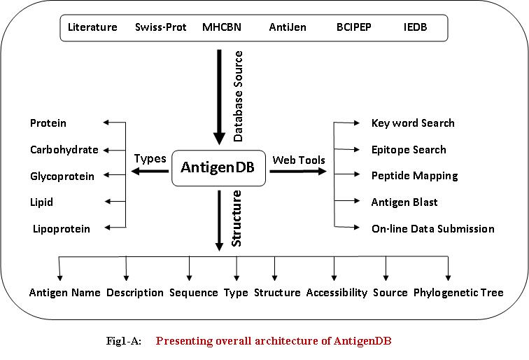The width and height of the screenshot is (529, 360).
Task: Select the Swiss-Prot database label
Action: tap(161, 28)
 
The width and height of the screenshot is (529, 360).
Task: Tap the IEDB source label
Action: tap(415, 28)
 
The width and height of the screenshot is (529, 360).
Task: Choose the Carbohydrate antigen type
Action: tap(64, 149)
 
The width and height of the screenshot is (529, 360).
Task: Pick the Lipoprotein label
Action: tap(61, 228)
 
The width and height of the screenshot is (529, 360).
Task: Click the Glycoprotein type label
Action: tap(62, 176)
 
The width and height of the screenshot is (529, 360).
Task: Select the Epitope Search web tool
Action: tap(409, 149)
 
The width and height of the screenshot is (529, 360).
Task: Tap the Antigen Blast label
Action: tap(404, 202)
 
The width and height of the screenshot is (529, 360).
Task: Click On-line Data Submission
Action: tap(433, 228)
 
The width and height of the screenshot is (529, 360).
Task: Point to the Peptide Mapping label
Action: tap(414, 176)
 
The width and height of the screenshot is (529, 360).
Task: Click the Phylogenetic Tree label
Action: tap(458, 292)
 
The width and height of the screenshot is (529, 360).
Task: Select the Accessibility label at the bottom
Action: tap(337, 292)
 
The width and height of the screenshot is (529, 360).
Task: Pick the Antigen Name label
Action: tap(65, 292)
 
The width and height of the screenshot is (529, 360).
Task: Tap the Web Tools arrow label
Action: tap(299, 160)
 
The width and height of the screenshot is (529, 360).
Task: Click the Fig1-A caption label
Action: tap(122, 341)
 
